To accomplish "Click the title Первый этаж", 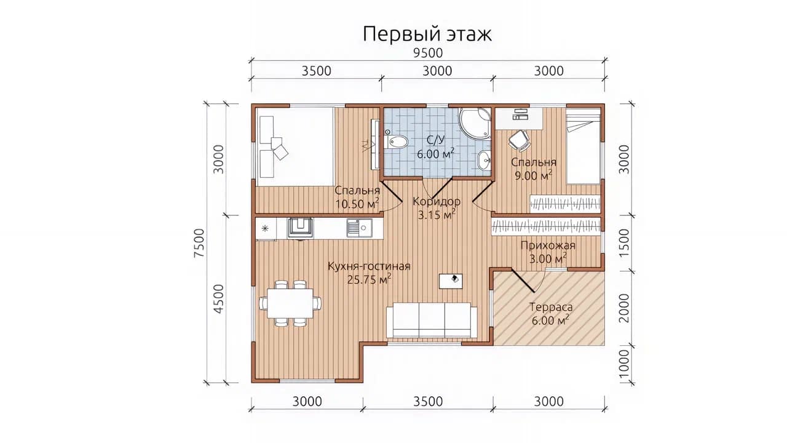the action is (427, 34).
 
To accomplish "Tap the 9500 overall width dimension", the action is (427, 53).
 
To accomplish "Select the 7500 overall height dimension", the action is (199, 243).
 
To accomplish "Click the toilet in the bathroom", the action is (396, 141).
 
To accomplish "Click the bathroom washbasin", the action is (485, 161).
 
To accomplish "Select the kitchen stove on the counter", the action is (300, 228).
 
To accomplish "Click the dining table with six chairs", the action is (290, 303).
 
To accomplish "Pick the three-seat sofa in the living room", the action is (432, 321).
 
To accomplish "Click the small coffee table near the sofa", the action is (451, 281).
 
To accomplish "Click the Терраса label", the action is (551, 307).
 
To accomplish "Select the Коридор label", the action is (437, 201).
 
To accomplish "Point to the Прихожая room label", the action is (548, 245).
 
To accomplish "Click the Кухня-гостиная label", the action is (369, 266).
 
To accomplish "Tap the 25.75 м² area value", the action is (369, 279).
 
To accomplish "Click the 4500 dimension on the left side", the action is (218, 299).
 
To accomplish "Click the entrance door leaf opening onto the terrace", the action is (523, 281).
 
